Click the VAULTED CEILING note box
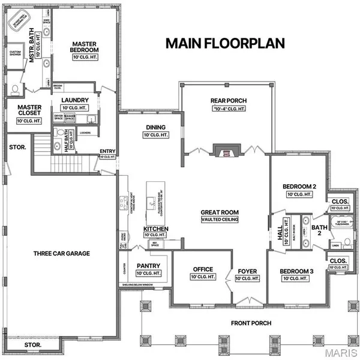220,220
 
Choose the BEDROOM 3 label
297,271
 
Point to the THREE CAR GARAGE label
62,253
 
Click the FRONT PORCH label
251,323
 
